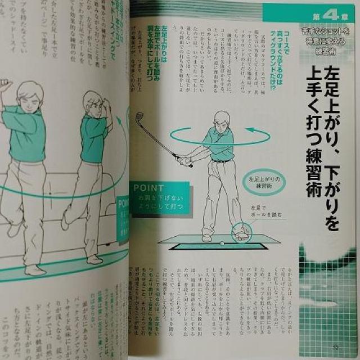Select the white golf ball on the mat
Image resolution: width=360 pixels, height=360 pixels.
coord(221,243)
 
